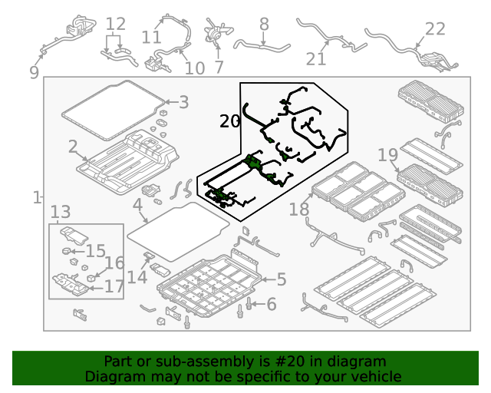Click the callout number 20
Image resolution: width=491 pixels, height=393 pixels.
(x=229, y=121)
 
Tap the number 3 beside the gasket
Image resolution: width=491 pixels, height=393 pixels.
(x=184, y=102)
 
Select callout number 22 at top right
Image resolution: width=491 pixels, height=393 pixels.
(x=435, y=29)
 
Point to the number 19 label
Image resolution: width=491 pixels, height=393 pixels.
(x=388, y=155)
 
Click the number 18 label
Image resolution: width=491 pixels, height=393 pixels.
(x=299, y=210)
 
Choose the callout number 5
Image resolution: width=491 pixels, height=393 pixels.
(x=282, y=279)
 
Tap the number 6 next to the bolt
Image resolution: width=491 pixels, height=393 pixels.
(x=272, y=304)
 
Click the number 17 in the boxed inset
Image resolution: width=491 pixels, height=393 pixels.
(x=114, y=286)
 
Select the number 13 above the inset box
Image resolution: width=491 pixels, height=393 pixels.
(x=61, y=212)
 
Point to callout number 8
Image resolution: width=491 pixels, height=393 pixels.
(x=264, y=24)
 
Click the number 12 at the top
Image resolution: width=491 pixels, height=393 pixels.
(x=116, y=24)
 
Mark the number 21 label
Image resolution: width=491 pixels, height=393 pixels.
(x=315, y=59)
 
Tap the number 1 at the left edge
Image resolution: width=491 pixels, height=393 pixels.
(x=38, y=198)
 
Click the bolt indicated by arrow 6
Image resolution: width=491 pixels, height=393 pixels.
(x=249, y=303)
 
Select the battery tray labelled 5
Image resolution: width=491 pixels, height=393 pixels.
(x=209, y=285)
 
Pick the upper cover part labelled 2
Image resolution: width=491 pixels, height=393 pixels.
(x=128, y=162)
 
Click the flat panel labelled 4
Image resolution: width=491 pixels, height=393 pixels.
(x=178, y=232)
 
